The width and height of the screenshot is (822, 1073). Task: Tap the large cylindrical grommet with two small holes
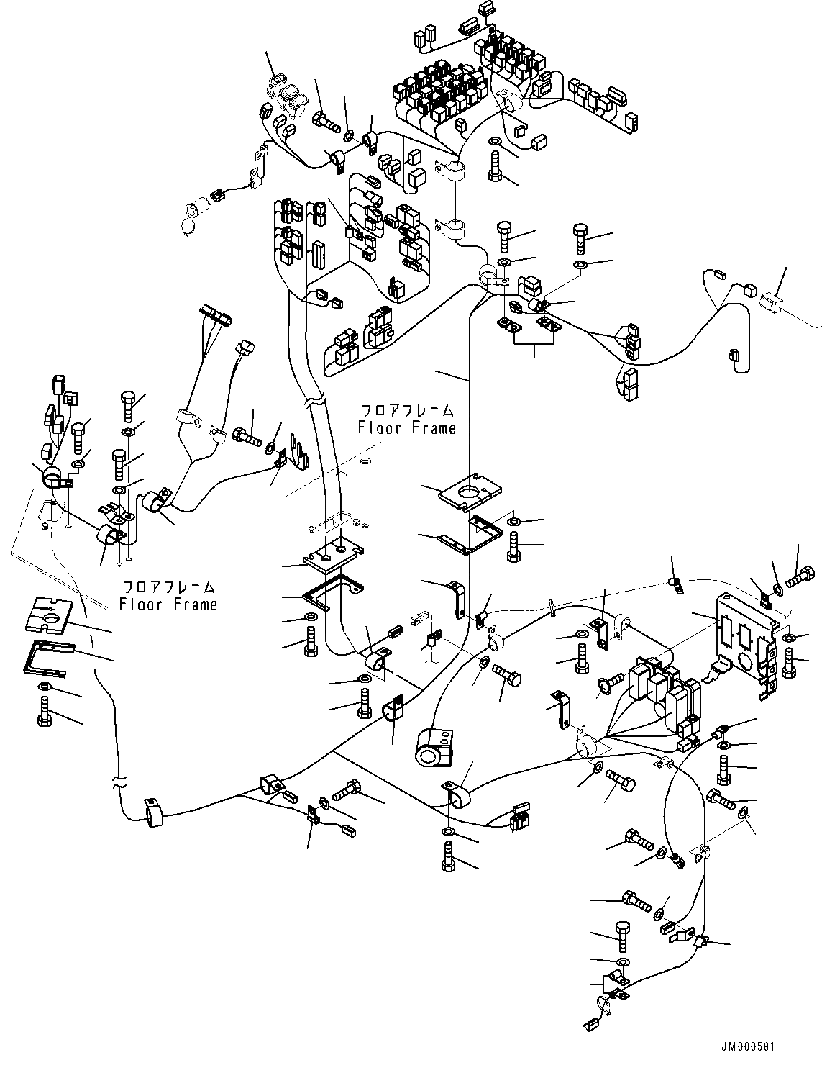(435, 750)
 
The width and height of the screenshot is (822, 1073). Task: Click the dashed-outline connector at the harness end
(773, 301)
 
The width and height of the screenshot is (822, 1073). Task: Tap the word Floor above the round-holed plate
(378, 428)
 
